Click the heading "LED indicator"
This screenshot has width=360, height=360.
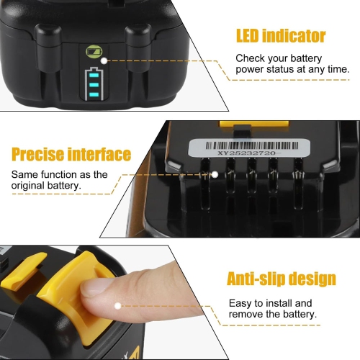[281, 35]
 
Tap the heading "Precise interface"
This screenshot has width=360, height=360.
[71, 154]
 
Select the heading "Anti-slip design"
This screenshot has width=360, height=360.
[281, 279]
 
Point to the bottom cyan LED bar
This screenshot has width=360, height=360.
[93, 92]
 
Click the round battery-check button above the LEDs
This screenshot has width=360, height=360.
[92, 52]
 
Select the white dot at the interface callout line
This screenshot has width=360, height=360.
[214, 174]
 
